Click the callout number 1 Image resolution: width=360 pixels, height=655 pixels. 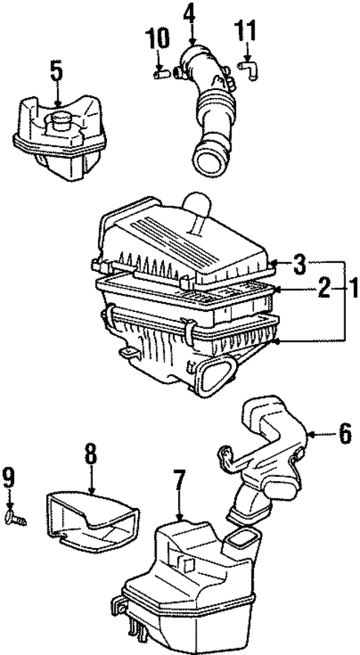(x=354, y=287)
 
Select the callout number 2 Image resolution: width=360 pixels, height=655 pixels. (x=324, y=287)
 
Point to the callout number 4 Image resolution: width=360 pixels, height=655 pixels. (x=191, y=13)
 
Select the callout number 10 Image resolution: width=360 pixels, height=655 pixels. (x=157, y=38)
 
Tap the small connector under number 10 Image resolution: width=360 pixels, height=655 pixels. (x=158, y=73)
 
